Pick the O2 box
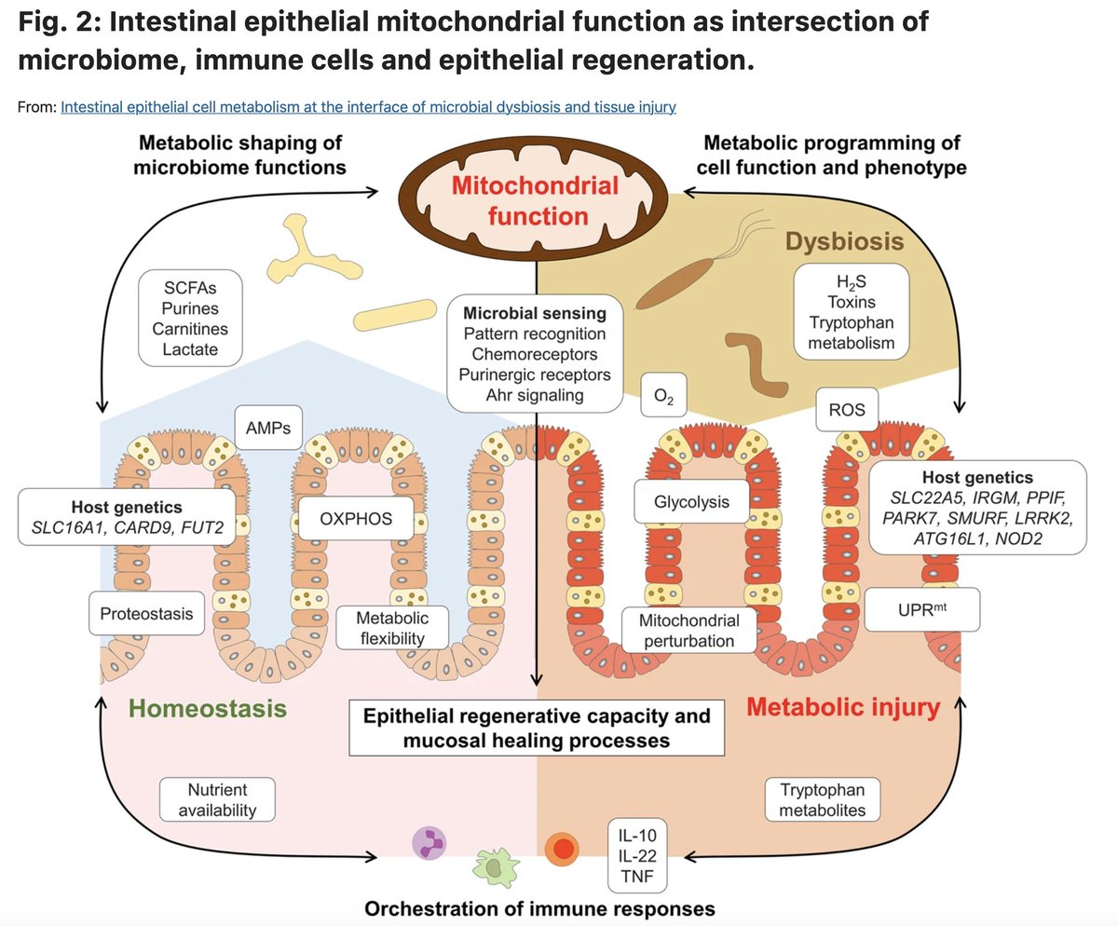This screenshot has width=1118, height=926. coord(664,400)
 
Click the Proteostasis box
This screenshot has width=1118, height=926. coord(147,613)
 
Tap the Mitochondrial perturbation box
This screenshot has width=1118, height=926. coord(689,631)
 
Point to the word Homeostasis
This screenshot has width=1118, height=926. coord(208,710)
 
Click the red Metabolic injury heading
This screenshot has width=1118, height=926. coord(843,708)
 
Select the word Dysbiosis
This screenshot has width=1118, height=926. coord(844,242)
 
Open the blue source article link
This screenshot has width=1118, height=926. coord(368,106)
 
